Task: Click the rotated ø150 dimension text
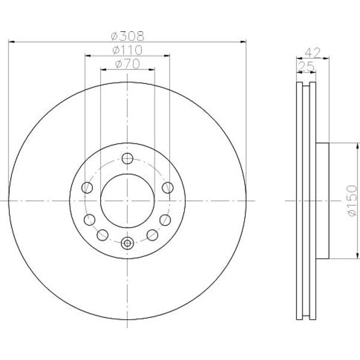tap(352, 201)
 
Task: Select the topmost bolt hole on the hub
tap(127, 158)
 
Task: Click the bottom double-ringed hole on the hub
tap(127, 243)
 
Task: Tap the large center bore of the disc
tap(127, 200)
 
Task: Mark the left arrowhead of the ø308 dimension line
tap(11, 41)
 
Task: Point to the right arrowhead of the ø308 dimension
tap(243, 41)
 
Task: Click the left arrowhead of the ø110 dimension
tap(88, 56)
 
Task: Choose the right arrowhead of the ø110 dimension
tap(166, 56)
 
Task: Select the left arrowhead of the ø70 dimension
tap(103, 70)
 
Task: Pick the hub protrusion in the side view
tap(323, 200)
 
